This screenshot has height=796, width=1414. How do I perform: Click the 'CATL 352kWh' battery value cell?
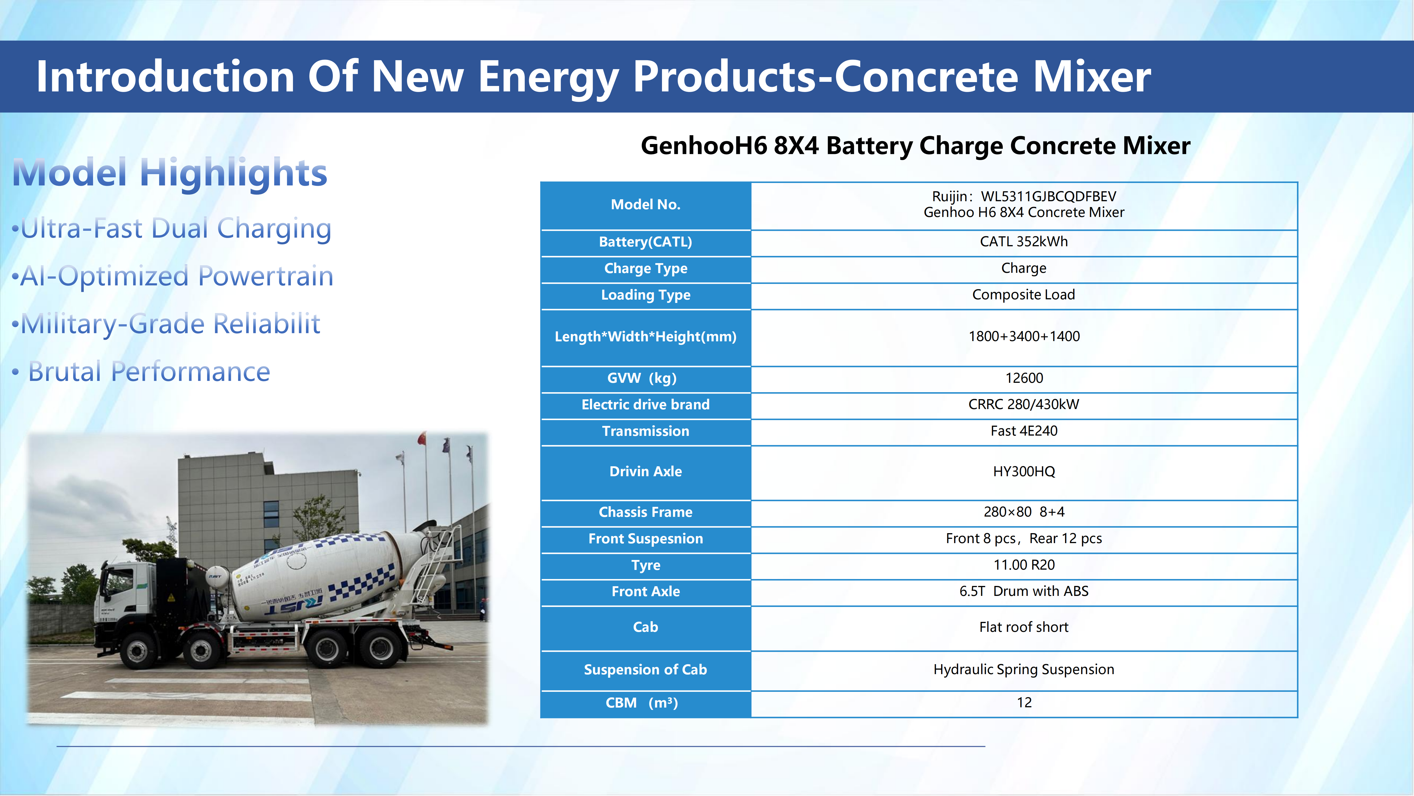pos(1024,242)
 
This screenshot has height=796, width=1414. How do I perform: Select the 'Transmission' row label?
pos(645,431)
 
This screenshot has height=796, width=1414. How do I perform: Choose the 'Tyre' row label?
pos(645,565)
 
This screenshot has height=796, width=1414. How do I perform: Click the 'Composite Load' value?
pos(1024,295)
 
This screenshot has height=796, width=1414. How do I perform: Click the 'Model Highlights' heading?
pos(170,172)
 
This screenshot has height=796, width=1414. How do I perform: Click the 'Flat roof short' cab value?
pos(1024,627)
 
